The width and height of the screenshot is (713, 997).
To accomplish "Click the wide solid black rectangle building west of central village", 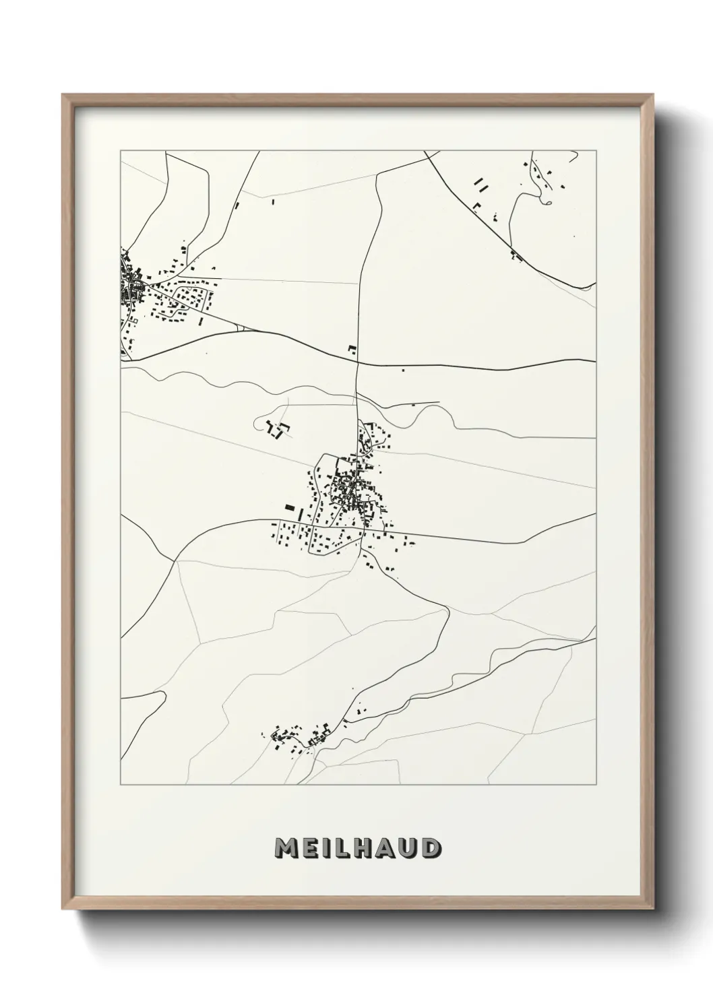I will click(290, 507).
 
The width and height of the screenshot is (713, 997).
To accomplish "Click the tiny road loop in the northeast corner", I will click(547, 201).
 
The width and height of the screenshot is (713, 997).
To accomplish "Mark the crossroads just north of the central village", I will click(356, 362).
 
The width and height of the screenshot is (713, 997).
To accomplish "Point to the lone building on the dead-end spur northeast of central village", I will click(413, 404).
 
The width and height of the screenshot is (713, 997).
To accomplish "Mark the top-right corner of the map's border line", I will click(596, 151).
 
